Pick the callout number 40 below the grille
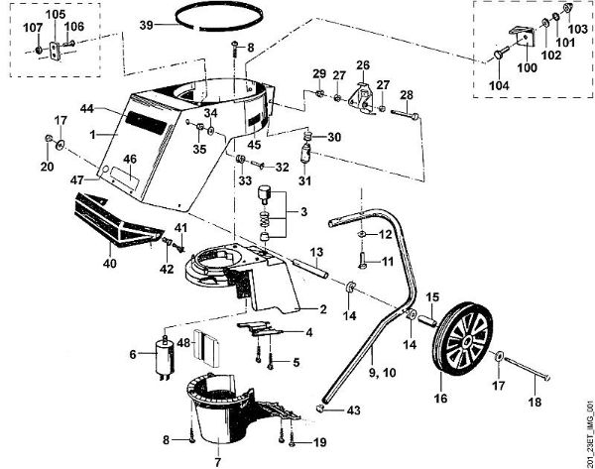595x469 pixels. pyautogui.click(x=109, y=264)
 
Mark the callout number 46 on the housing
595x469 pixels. pyautogui.click(x=130, y=158)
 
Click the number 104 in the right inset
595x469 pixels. pyautogui.click(x=498, y=86)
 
